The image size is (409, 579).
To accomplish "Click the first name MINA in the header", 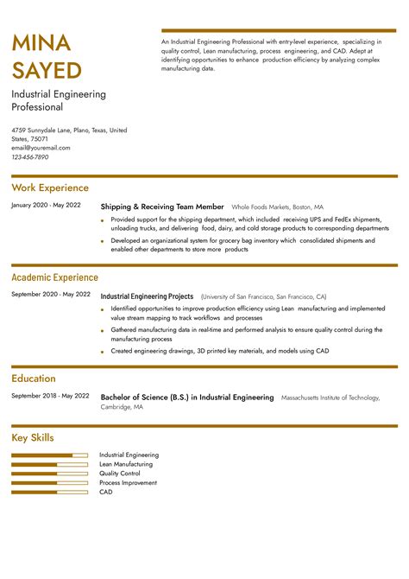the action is [x=41, y=42].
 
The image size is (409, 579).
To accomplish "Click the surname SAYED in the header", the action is [x=47, y=70].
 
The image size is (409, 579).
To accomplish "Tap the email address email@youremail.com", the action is [x=41, y=148].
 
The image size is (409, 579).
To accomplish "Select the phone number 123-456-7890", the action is [x=30, y=157].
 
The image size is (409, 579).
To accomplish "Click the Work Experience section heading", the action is [x=50, y=188].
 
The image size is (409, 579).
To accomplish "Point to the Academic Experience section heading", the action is [x=54, y=277].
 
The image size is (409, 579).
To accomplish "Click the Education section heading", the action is [x=34, y=379].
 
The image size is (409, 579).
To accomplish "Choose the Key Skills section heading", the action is [x=33, y=438].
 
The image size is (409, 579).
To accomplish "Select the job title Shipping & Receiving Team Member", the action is [x=162, y=207].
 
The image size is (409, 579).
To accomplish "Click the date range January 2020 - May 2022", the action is [x=46, y=205].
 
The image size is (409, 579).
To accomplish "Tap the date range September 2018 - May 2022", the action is [x=50, y=396].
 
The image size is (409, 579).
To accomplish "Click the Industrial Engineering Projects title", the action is [x=147, y=296].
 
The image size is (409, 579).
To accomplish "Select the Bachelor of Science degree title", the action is [x=187, y=398].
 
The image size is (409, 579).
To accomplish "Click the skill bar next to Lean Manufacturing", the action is [x=50, y=464].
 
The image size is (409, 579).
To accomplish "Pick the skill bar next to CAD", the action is [x=50, y=492].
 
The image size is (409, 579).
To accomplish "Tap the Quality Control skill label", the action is [x=119, y=474].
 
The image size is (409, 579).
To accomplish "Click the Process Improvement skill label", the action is [x=128, y=483].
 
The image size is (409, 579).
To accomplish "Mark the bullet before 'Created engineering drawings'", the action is [x=103, y=352].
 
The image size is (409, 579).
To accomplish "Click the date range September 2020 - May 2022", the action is [x=50, y=295].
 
